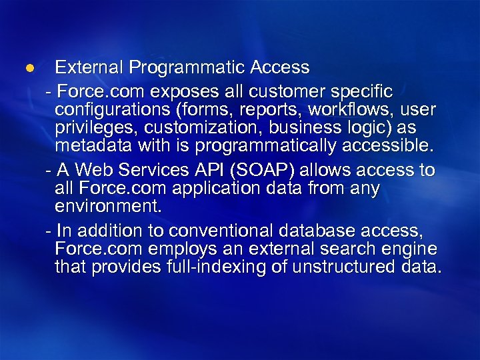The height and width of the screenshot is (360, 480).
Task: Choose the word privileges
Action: (x=91, y=127)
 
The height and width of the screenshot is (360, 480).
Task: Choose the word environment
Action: (x=108, y=206)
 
